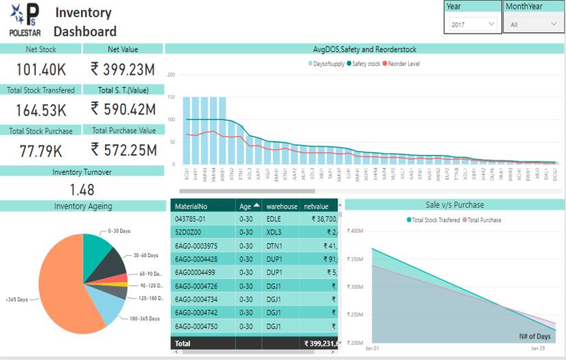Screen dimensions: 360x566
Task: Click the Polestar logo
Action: pos(25,20)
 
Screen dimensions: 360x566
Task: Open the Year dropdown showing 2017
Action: pos(473,24)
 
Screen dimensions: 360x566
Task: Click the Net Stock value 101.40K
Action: pos(41,69)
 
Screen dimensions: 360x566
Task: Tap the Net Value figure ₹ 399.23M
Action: pos(123,69)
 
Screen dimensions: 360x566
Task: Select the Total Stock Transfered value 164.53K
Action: pos(41,110)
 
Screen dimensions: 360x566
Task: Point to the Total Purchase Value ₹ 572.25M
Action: pos(123,150)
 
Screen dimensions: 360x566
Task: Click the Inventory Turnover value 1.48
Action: pos(82,189)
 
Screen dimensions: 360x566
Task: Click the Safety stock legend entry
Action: pos(366,64)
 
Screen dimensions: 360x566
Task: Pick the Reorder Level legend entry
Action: pos(403,64)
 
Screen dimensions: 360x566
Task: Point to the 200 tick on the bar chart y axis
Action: pos(171,75)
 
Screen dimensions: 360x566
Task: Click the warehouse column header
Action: pos(281,206)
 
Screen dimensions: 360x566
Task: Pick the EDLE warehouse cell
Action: pos(274,219)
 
